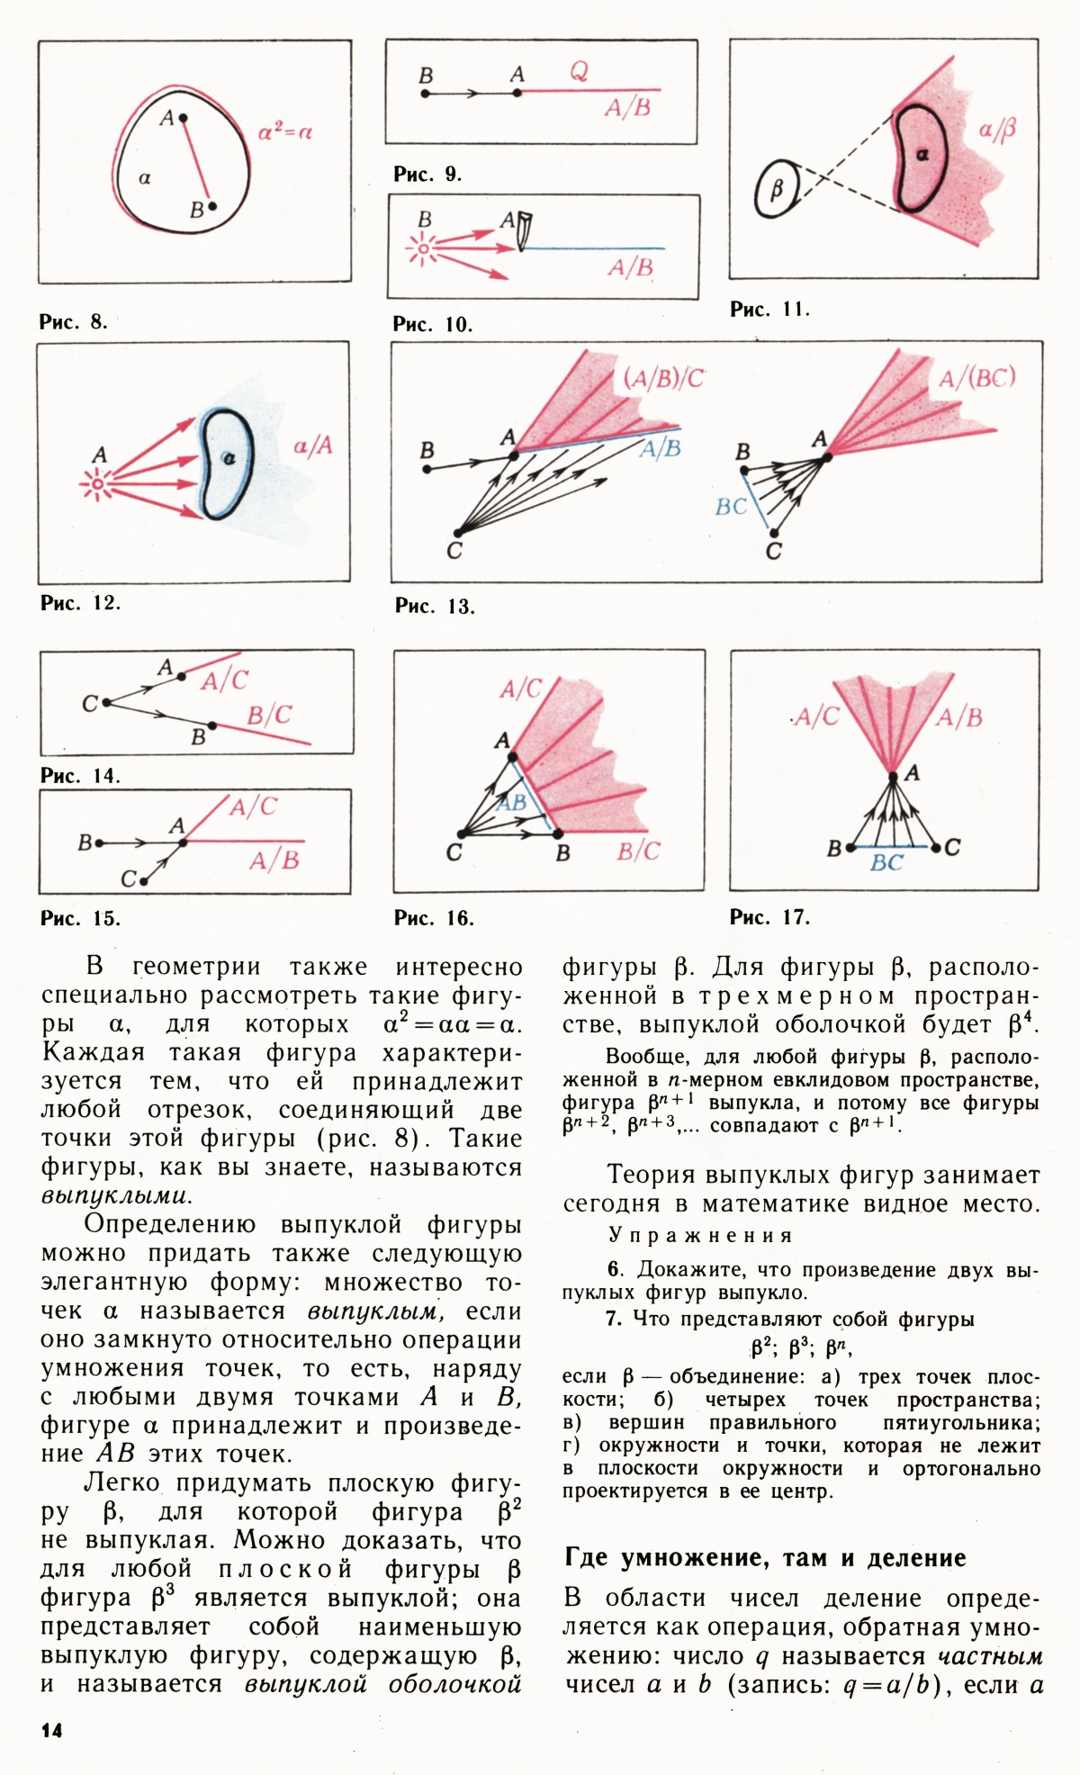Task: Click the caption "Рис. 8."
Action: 73,321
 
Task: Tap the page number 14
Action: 51,1729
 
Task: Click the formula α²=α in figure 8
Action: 285,132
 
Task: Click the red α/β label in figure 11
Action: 996,131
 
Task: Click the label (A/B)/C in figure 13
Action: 663,378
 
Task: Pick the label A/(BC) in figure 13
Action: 976,378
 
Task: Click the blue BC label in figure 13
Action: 731,507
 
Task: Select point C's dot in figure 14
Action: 106,702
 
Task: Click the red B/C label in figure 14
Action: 269,716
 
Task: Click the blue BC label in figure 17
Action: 886,862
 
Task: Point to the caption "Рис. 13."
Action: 435,606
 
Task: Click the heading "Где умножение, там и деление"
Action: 765,1557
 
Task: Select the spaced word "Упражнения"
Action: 700,1235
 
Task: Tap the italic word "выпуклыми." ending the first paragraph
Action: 116,1196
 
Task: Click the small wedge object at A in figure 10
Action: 525,230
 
